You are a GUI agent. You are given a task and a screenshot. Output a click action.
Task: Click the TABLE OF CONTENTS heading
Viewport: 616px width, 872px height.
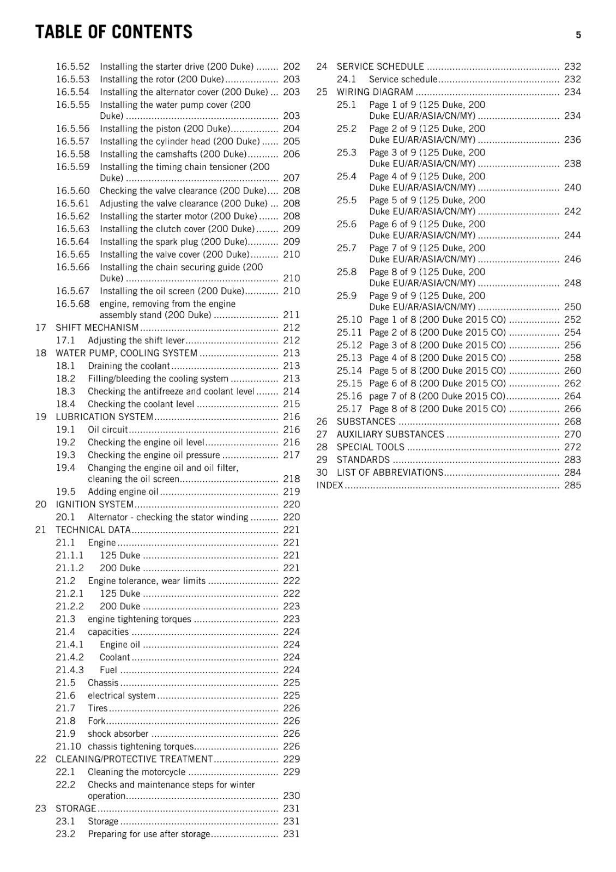pyautogui.click(x=114, y=33)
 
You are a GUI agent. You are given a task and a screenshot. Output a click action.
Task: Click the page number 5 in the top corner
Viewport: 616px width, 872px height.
pyautogui.click(x=578, y=35)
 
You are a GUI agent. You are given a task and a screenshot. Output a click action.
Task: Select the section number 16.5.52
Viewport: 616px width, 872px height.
pyautogui.click(x=73, y=66)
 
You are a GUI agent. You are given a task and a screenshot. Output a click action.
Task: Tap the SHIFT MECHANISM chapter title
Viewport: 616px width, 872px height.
pyautogui.click(x=97, y=328)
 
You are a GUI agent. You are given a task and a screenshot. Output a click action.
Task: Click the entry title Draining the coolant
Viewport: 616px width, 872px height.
pyautogui.click(x=129, y=366)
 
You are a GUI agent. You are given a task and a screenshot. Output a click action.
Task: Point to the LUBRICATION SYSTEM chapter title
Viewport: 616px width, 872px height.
pyautogui.click(x=104, y=417)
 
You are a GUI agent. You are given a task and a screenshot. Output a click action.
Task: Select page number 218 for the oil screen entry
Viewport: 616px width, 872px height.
pyautogui.click(x=291, y=479)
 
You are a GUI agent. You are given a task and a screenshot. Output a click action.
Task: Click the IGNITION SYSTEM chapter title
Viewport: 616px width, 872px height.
pyautogui.click(x=94, y=505)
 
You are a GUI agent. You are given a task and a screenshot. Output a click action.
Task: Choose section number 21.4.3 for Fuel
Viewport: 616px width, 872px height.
pyautogui.click(x=70, y=670)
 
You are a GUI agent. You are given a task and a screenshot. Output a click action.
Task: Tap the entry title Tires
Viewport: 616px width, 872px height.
pyautogui.click(x=98, y=708)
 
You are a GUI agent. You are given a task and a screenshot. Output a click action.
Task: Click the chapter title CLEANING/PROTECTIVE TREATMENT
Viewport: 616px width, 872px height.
pyautogui.click(x=134, y=759)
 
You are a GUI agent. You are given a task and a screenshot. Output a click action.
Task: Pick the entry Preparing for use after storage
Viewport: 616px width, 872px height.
pyautogui.click(x=148, y=834)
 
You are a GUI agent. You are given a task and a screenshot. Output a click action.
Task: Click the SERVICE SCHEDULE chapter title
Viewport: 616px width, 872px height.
pyautogui.click(x=380, y=66)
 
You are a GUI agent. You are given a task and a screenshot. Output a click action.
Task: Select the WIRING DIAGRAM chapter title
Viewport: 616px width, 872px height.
pyautogui.click(x=375, y=92)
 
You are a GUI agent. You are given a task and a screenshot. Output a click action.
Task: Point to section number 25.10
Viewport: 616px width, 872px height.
pyautogui.click(x=349, y=319)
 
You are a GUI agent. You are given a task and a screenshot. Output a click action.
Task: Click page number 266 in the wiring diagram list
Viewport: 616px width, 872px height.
pyautogui.click(x=572, y=409)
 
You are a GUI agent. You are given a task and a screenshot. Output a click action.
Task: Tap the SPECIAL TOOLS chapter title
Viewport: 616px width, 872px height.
pyautogui.click(x=370, y=447)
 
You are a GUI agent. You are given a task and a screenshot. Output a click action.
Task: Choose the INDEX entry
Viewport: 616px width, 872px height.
pyautogui.click(x=330, y=485)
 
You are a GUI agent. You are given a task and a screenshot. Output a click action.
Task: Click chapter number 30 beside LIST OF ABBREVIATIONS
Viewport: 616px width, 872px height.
pyautogui.click(x=322, y=473)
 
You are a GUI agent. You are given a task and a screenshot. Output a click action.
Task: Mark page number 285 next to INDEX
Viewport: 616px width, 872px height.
pyautogui.click(x=572, y=485)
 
